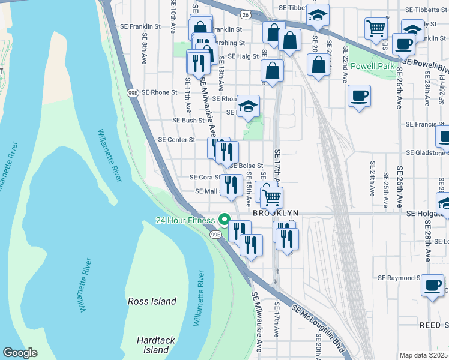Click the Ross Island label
point(152,301)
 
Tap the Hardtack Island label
point(156,345)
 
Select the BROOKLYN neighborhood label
point(276,214)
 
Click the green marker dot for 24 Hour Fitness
point(224,220)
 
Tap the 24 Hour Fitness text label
point(185,220)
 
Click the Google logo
point(20,353)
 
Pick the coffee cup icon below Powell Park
point(359,96)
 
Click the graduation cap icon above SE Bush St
point(248,106)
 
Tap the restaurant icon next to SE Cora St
point(231,185)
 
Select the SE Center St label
point(176,140)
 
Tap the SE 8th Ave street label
point(144,48)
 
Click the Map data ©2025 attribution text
point(423,355)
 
